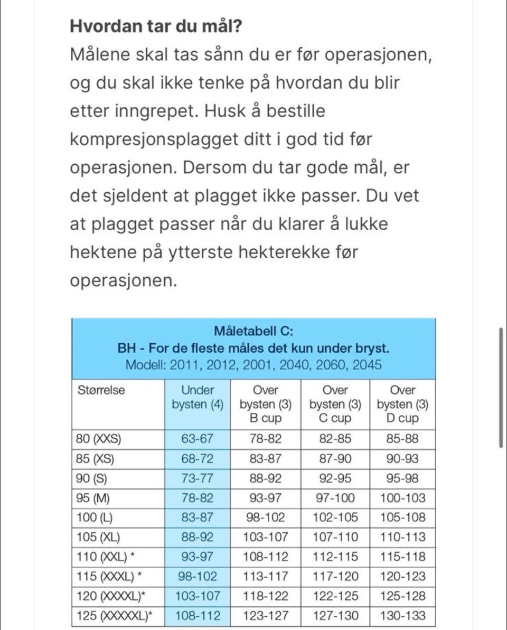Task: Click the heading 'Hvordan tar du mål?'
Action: point(156,25)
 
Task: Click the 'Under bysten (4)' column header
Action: point(198,398)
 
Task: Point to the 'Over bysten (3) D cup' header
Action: point(403,405)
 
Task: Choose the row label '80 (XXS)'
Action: point(99,439)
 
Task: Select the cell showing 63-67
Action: point(198,439)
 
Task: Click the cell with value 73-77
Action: point(198,478)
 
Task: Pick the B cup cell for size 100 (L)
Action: point(265,518)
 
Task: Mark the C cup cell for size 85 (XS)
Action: point(335,459)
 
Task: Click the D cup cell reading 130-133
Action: point(403,615)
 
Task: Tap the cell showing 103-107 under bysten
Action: point(198,596)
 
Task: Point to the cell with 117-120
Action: point(335,576)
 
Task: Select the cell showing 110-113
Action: point(403,537)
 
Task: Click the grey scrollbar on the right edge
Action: point(501,387)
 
